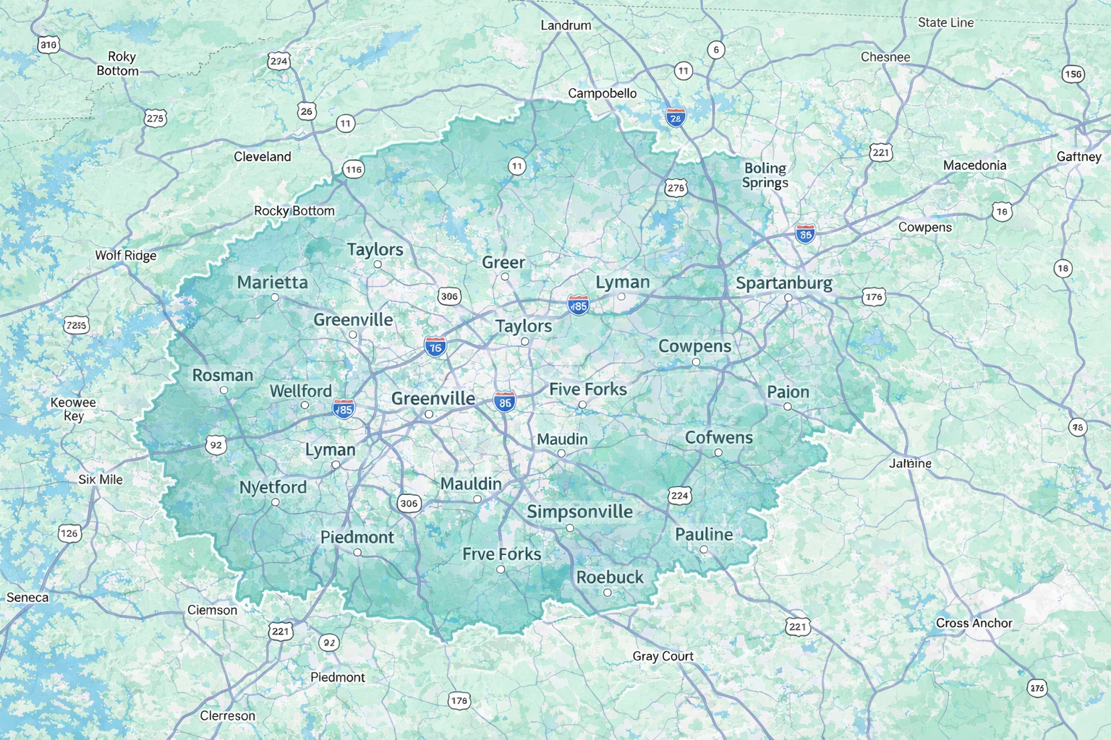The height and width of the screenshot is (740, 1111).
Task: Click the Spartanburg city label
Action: click(784, 283)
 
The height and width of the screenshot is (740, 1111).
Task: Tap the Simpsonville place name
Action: click(579, 512)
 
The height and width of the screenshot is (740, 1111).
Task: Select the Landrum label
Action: click(566, 25)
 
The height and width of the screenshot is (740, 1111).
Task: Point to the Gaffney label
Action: click(1078, 157)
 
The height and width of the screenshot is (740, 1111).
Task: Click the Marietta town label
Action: click(272, 283)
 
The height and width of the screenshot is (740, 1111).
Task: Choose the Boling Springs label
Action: click(765, 175)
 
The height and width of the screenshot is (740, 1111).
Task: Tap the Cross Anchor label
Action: click(974, 623)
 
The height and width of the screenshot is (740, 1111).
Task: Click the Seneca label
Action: click(27, 598)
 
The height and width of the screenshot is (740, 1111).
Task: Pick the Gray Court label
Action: click(663, 656)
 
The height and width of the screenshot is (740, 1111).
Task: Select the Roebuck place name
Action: click(610, 577)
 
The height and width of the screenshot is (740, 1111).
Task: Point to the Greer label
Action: click(503, 262)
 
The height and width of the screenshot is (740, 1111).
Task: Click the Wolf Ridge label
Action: click(126, 256)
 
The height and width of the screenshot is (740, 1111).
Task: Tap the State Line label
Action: click(945, 22)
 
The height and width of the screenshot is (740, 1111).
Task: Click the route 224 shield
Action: click(679, 495)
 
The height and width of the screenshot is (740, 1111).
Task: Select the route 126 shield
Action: click(69, 533)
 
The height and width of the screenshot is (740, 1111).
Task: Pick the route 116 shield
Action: click(353, 170)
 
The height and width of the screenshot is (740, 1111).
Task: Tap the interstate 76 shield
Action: click(435, 347)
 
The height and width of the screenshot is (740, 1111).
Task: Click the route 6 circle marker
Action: click(715, 49)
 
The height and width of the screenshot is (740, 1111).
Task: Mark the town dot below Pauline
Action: click(703, 550)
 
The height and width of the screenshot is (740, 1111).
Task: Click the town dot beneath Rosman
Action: click(224, 390)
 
